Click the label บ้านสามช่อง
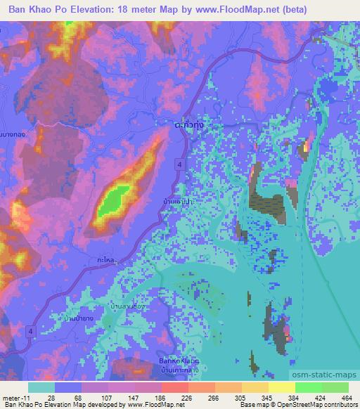coord(129,306)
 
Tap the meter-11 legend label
coord(15,397)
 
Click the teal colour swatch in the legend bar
coord(41,387)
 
